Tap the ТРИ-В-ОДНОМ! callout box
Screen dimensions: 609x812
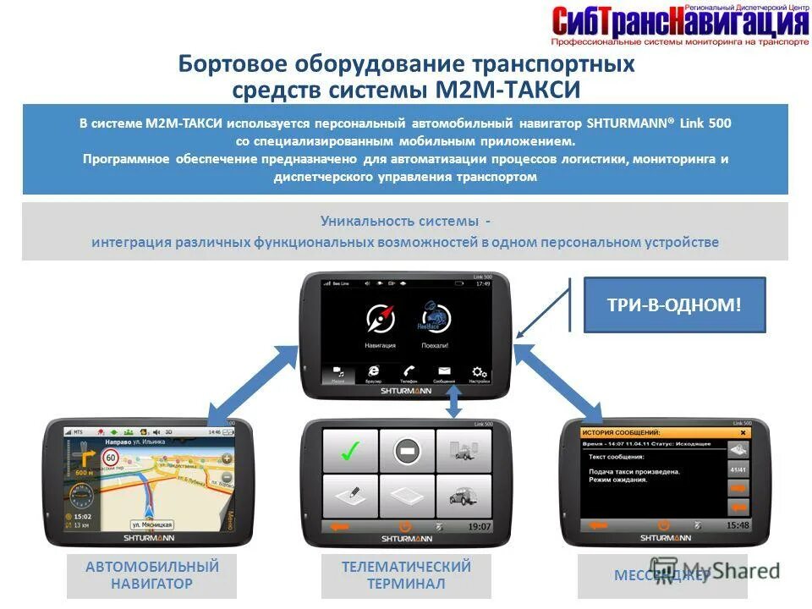click(674, 305)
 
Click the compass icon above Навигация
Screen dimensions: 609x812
click(380, 319)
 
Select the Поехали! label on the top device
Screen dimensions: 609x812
click(434, 346)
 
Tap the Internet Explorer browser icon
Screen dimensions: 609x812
click(373, 371)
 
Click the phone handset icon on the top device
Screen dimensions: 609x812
click(409, 371)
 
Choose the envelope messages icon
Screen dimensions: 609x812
click(444, 371)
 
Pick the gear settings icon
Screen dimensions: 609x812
click(480, 371)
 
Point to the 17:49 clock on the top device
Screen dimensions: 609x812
click(482, 283)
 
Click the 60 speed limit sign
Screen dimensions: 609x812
click(109, 458)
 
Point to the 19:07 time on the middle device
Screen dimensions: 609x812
click(479, 526)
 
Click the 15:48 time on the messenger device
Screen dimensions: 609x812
click(738, 525)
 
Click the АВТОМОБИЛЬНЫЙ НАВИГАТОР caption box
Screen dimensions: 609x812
click(152, 575)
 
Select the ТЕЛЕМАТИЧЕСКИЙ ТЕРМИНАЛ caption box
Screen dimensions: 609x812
click(406, 575)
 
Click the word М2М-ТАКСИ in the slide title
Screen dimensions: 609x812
click(507, 89)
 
